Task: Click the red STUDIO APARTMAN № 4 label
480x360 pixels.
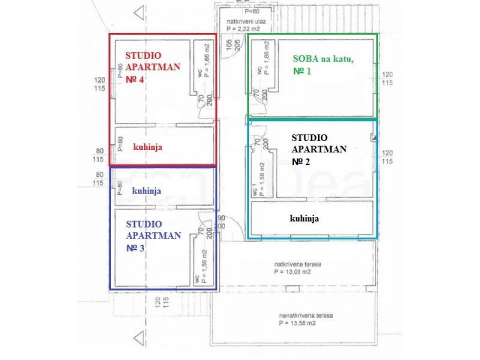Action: pyautogui.click(x=152, y=67)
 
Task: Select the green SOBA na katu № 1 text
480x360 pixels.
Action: pyautogui.click(x=323, y=65)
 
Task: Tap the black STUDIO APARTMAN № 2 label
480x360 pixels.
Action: pyautogui.click(x=319, y=149)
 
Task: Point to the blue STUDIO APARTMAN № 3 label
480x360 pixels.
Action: pyautogui.click(x=153, y=235)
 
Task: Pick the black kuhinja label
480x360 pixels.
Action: pyautogui.click(x=304, y=218)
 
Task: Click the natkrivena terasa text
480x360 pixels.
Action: pyautogui.click(x=297, y=263)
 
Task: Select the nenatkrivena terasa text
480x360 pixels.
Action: pyautogui.click(x=306, y=316)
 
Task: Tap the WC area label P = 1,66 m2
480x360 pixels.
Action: pyautogui.click(x=206, y=59)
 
